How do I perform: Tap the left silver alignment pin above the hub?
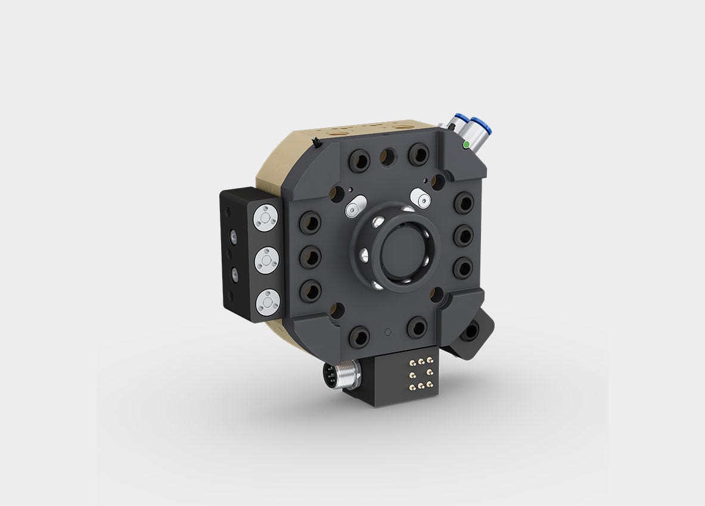[353, 206]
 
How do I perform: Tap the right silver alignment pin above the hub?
[421, 198]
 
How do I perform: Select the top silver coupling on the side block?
[267, 217]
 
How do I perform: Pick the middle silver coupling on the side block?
[266, 260]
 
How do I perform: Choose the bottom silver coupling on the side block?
[267, 302]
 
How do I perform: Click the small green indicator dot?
[465, 144]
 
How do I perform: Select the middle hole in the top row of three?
[387, 157]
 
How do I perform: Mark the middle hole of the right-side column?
[463, 235]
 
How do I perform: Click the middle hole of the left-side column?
[310, 257]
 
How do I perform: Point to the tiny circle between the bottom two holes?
[388, 331]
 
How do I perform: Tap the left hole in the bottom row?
[359, 337]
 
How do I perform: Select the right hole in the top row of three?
[418, 154]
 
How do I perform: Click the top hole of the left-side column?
[310, 223]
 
